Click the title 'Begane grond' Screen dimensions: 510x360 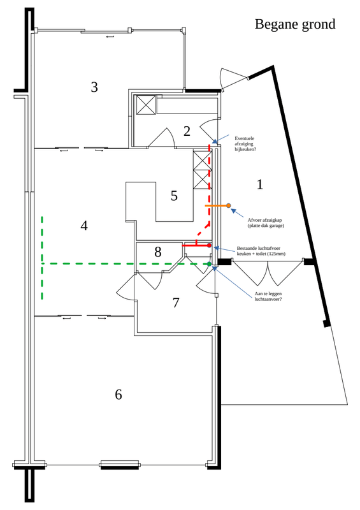pyautogui.click(x=294, y=24)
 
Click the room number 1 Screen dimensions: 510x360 pyautogui.click(x=259, y=184)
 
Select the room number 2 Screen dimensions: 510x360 pyautogui.click(x=187, y=131)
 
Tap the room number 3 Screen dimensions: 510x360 pyautogui.click(x=94, y=87)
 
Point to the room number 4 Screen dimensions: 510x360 pyautogui.click(x=84, y=225)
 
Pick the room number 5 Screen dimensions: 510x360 pyautogui.click(x=174, y=196)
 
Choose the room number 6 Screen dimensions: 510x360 pyautogui.click(x=118, y=395)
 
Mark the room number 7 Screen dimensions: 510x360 pyautogui.click(x=176, y=303)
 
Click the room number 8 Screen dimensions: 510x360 pyautogui.click(x=158, y=252)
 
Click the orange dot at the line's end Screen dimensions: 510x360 pyautogui.click(x=229, y=206)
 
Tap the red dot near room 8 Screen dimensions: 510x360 pyautogui.click(x=209, y=245)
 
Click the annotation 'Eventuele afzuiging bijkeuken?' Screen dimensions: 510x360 pyautogui.click(x=245, y=143)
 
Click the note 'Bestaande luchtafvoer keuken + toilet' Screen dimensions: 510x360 pyautogui.click(x=261, y=251)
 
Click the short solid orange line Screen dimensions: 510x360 pyautogui.click(x=216, y=206)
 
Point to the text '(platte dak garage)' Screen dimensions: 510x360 pyautogui.click(x=266, y=226)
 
